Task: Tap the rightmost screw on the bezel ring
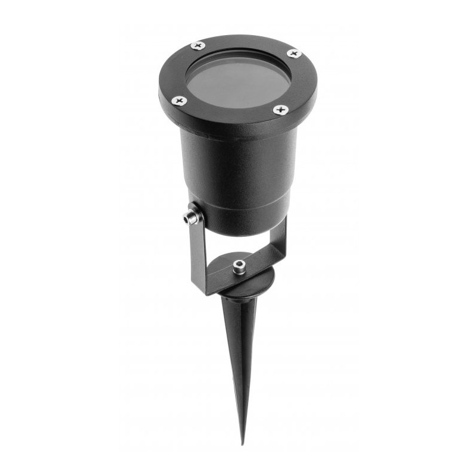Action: pos(293,54)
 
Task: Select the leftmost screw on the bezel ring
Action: pos(180,101)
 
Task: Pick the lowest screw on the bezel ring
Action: pos(280,109)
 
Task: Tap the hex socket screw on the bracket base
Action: pos(239,265)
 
